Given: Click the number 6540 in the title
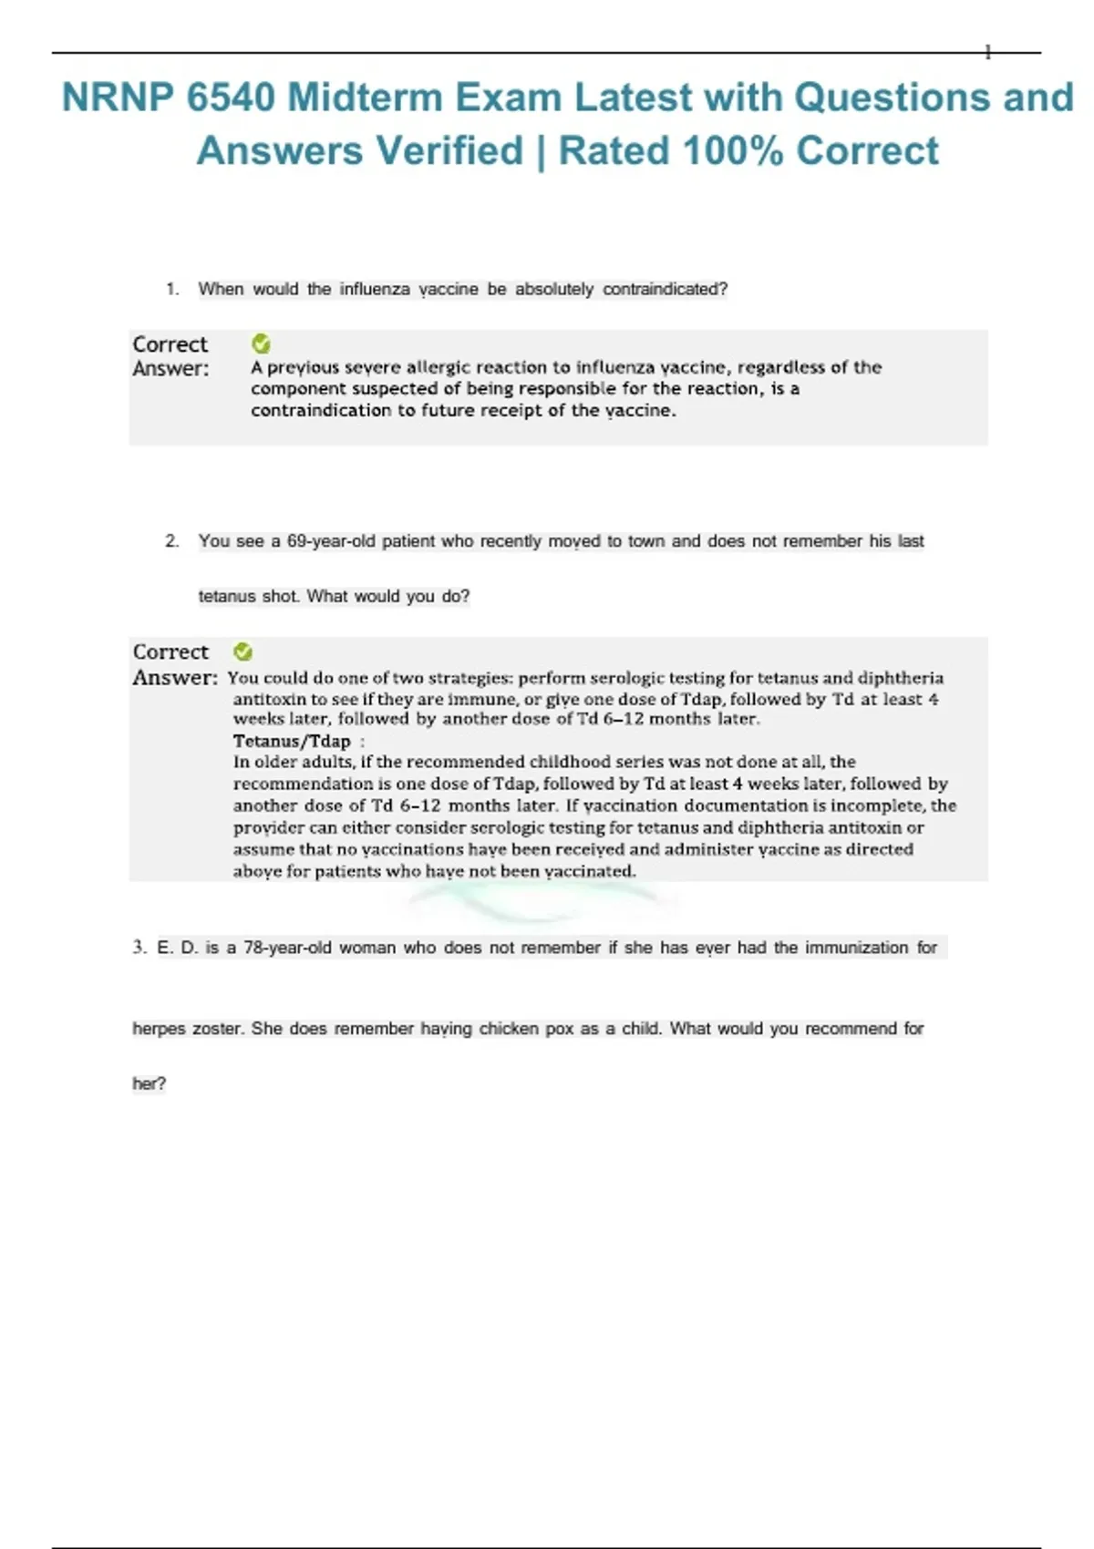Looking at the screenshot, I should click(231, 97).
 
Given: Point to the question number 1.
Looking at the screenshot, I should click(171, 289).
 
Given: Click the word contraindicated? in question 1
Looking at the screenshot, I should click(665, 289).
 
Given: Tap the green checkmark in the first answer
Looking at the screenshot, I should click(261, 344).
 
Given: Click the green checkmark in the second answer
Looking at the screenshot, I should click(243, 651).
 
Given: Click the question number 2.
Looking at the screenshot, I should click(171, 541).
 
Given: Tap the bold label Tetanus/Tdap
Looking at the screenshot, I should click(292, 741).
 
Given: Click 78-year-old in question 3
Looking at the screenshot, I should click(287, 948).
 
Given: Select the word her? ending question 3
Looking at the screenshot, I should click(150, 1083).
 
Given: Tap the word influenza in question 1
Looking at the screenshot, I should click(375, 289).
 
